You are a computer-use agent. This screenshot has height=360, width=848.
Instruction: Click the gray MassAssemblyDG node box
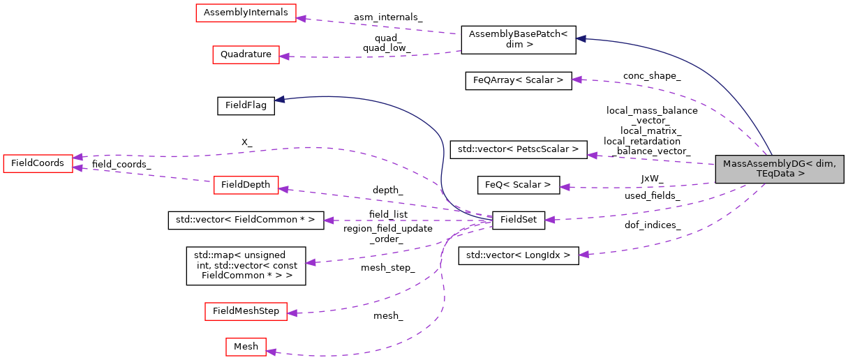tap(779, 170)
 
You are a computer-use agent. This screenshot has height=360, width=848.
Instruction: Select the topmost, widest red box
tap(246, 13)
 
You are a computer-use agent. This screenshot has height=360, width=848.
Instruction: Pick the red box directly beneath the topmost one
tap(246, 55)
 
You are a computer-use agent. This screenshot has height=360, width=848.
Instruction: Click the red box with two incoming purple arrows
tap(38, 164)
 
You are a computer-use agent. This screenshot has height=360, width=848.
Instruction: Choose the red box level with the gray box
tap(246, 186)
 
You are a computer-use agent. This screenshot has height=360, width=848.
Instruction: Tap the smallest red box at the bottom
tap(246, 347)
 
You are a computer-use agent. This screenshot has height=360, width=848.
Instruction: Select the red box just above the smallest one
tap(246, 312)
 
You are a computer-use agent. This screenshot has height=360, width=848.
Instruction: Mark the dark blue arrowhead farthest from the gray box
tap(279, 100)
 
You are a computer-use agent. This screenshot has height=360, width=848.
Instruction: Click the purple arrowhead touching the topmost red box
tap(302, 17)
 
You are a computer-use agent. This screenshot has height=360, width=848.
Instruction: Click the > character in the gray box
tap(801, 174)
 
